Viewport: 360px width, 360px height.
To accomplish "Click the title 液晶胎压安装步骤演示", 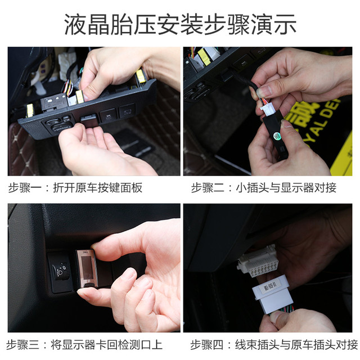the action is click(181, 24).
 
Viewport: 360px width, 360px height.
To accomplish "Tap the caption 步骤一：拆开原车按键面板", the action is click(75, 187).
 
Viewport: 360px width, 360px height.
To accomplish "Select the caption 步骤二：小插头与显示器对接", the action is click(264, 187).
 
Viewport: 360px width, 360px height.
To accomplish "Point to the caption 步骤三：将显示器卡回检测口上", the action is click(84, 345).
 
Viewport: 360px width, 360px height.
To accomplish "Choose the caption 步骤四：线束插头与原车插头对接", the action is click(274, 345).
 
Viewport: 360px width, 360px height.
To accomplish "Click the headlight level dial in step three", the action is click(60, 272).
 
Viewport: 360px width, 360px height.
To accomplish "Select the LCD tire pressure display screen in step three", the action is click(87, 267).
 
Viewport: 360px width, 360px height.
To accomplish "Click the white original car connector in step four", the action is click(258, 262).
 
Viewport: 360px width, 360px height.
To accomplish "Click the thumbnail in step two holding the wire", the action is click(264, 91).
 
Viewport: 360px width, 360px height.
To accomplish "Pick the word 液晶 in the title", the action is click(87, 24).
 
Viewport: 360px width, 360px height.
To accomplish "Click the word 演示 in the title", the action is click(274, 24).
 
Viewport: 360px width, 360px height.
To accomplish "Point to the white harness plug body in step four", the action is click(273, 295).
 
